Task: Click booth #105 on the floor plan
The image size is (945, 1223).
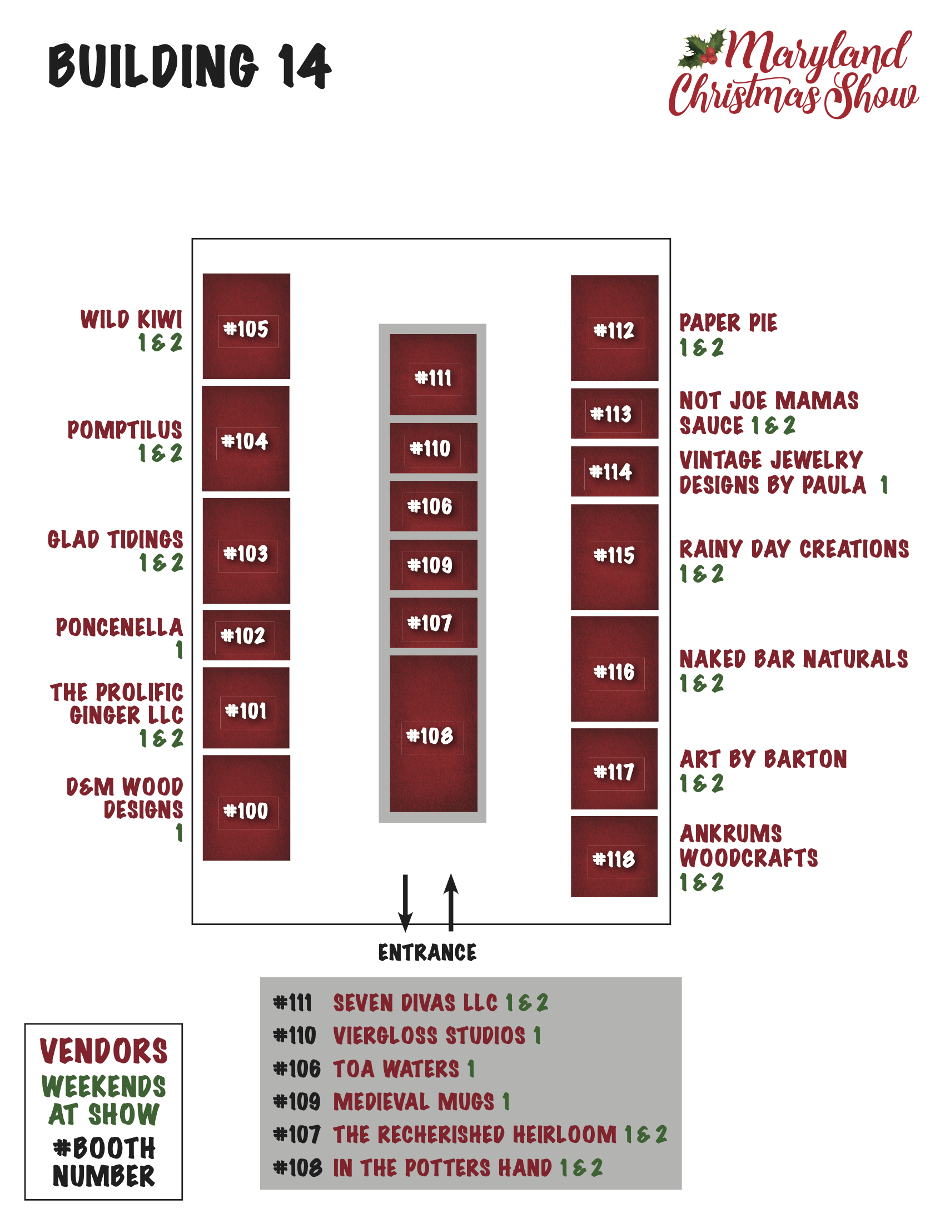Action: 246,326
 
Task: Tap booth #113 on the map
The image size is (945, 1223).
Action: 614,414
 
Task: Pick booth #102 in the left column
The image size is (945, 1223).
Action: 246,635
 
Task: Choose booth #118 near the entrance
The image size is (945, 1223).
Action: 614,857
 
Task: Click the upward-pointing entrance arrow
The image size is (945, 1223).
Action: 451,902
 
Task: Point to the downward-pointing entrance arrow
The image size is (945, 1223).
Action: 405,902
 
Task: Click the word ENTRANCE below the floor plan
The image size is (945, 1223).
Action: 427,952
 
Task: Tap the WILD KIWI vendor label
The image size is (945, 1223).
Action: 132,320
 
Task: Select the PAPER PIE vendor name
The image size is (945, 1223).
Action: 728,323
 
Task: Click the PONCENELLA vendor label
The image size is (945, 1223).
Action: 120,628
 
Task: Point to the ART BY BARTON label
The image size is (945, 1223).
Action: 763,760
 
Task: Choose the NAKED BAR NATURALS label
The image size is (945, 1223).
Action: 793,660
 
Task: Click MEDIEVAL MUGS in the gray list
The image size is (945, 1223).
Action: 414,1102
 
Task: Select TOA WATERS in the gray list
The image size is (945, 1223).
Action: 396,1069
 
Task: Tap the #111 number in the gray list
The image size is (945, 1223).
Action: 292,1003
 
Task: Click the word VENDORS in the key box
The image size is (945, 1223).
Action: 103,1051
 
